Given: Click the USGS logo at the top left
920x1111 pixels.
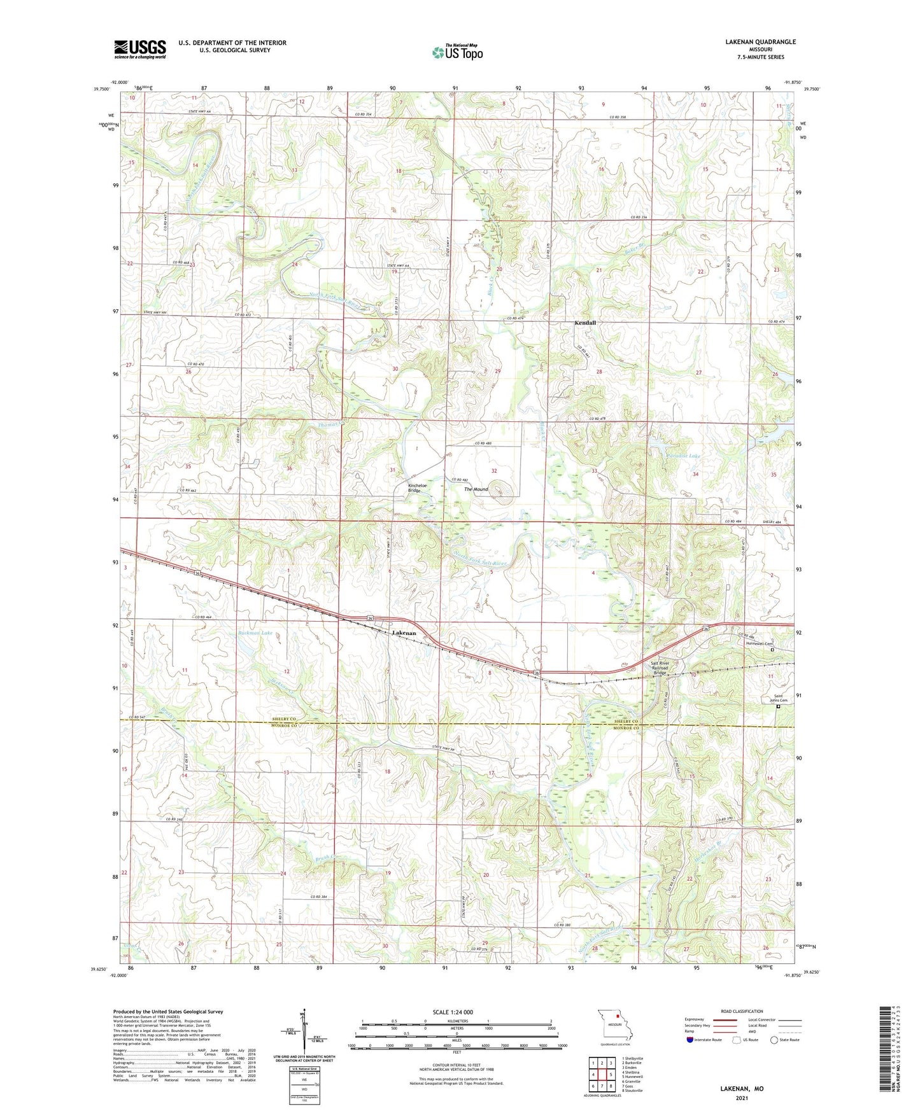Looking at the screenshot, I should pyautogui.click(x=140, y=49).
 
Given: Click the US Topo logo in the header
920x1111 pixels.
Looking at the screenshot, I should pyautogui.click(x=457, y=52).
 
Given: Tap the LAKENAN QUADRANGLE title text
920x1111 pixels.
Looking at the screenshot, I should pyautogui.click(x=760, y=42).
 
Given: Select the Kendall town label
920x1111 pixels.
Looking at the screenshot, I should pyautogui.click(x=585, y=323).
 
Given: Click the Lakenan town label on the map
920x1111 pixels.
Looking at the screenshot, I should pyautogui.click(x=404, y=633).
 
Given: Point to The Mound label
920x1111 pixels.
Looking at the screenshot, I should pyautogui.click(x=476, y=489).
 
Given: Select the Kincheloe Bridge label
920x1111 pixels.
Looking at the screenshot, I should pyautogui.click(x=418, y=488).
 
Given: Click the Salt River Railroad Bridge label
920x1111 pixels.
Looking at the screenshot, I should pyautogui.click(x=659, y=668).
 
